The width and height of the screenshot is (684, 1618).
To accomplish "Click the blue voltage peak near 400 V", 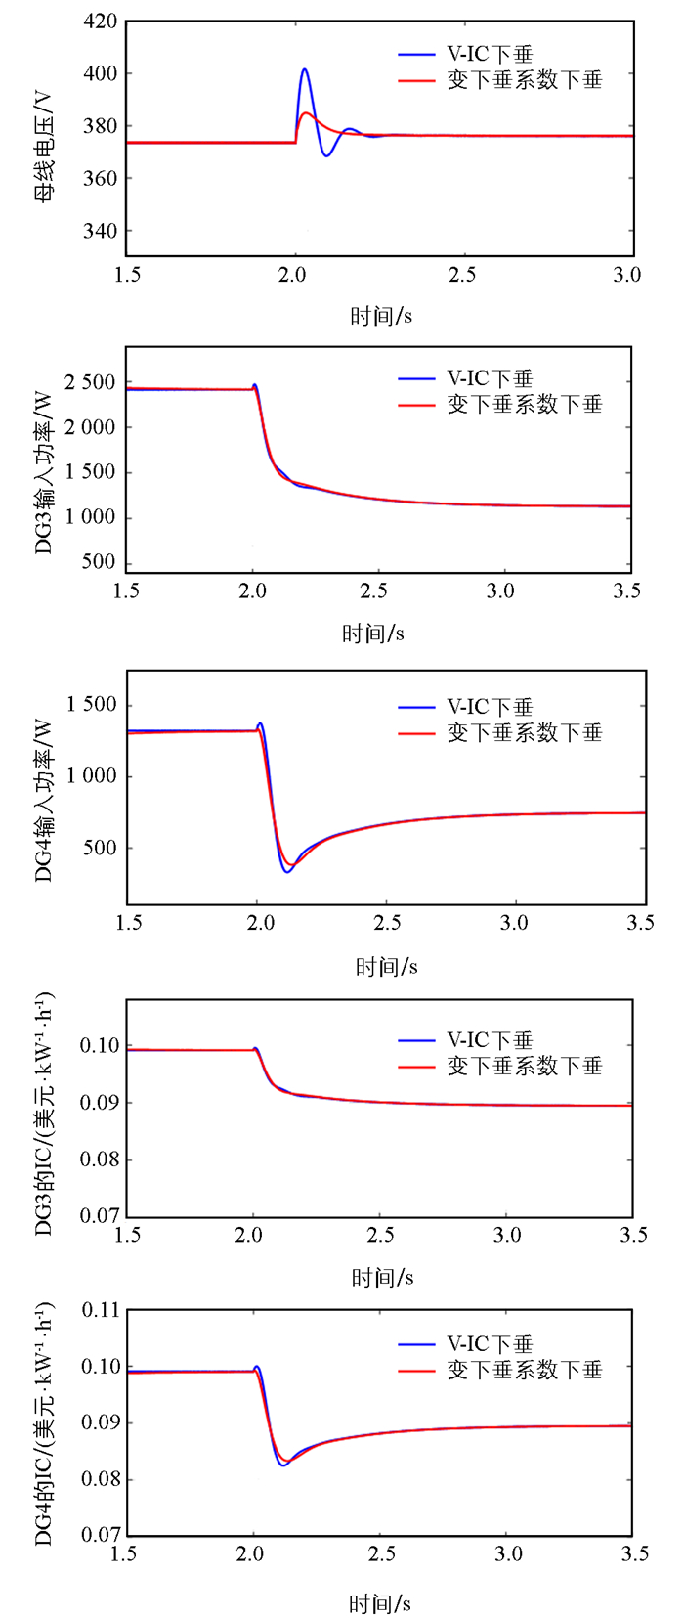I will [x=305, y=70].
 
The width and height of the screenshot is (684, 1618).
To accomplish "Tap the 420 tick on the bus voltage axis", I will [x=101, y=22].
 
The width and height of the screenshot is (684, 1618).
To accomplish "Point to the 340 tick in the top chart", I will [x=101, y=231].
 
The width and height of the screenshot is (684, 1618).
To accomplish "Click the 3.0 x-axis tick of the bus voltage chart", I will [x=626, y=275].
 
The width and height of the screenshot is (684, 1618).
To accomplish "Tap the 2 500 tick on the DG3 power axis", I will [x=90, y=382].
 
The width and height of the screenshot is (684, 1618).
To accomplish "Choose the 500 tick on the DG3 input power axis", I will [x=99, y=562].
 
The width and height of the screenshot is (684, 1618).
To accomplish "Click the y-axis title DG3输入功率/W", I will [x=44, y=472].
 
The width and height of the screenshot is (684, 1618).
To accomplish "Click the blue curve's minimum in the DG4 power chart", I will [x=287, y=871].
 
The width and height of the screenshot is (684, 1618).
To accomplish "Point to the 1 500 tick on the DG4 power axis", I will [x=91, y=705].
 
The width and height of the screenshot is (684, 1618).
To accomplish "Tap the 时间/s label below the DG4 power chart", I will [x=386, y=967].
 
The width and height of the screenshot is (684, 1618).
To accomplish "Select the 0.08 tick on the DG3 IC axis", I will [x=101, y=1159].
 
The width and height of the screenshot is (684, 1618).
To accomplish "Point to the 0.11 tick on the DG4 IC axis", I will [x=101, y=1310].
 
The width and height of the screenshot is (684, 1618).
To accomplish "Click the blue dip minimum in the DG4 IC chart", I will [x=282, y=1465].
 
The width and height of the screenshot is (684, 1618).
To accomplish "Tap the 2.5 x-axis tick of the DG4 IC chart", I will [x=382, y=1554].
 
